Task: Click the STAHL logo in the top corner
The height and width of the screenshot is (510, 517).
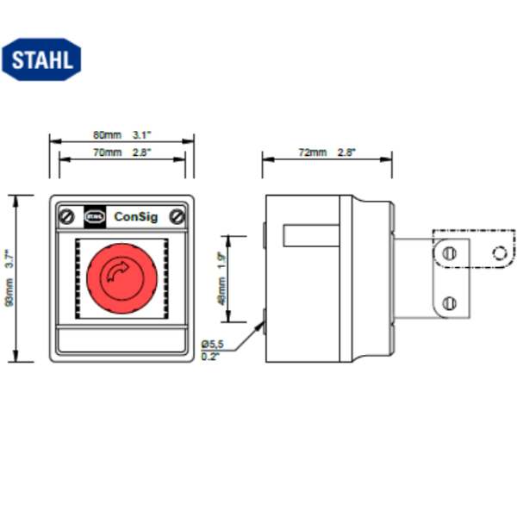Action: pyautogui.click(x=43, y=58)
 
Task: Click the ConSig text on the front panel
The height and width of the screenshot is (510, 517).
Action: pyautogui.click(x=134, y=215)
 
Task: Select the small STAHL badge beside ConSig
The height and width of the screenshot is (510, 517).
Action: pyautogui.click(x=95, y=215)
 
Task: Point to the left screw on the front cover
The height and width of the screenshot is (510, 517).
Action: pyautogui.click(x=66, y=215)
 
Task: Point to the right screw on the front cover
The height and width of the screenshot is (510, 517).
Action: pyautogui.click(x=177, y=215)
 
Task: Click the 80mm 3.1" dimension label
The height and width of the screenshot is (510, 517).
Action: pyautogui.click(x=121, y=135)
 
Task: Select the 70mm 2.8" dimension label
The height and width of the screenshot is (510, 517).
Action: pyautogui.click(x=121, y=152)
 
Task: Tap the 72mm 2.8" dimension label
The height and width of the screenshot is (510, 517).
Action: pyautogui.click(x=327, y=152)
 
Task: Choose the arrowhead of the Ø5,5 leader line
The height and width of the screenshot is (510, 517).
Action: pyautogui.click(x=261, y=321)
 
